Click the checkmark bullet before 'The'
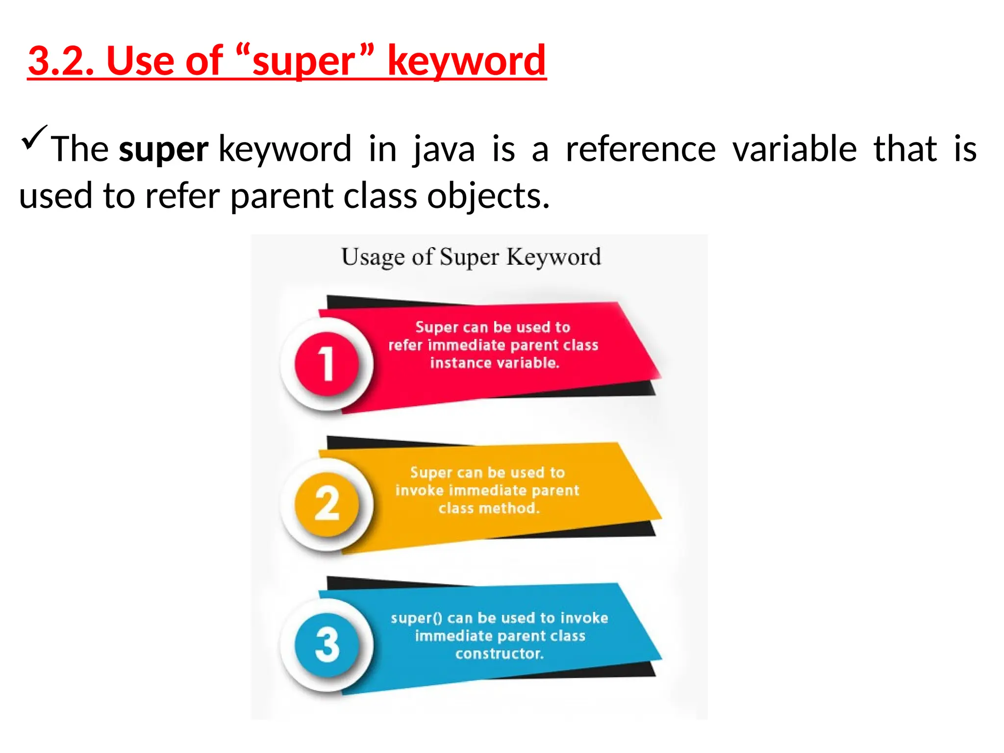click(x=34, y=138)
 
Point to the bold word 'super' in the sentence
click(x=164, y=150)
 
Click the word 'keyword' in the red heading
click(x=466, y=61)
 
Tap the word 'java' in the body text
click(x=444, y=150)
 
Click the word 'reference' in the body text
click(x=641, y=150)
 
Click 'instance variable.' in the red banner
click(x=495, y=363)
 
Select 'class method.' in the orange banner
click(x=489, y=508)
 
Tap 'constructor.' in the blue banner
click(x=500, y=653)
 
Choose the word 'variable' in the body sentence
click(x=795, y=150)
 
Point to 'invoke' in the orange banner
click(x=419, y=490)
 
